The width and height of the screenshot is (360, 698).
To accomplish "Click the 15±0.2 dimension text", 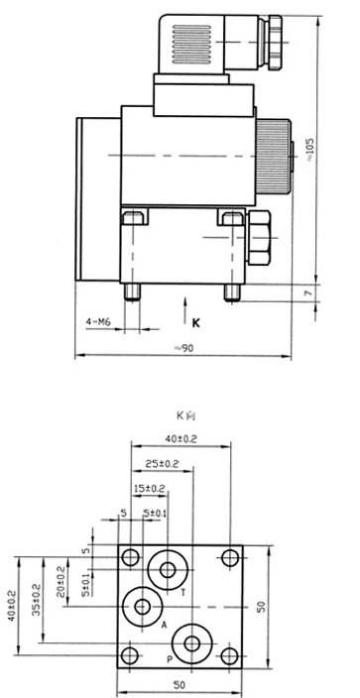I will pos(150,487).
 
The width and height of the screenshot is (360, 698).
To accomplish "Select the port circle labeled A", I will pos(144,606).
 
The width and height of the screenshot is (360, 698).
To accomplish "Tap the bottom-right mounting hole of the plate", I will pos(230,656).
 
